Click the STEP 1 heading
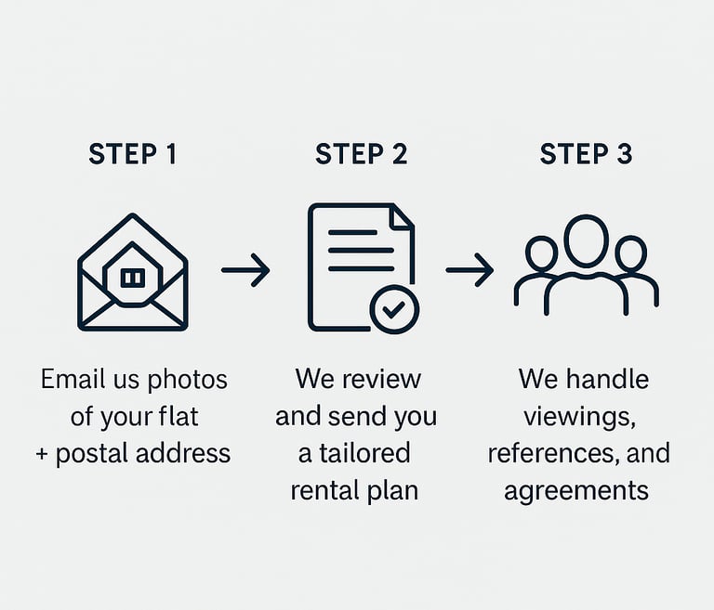point(132,154)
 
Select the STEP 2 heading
point(361,154)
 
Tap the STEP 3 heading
point(586,154)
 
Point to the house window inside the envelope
point(133,277)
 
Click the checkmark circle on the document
point(394,310)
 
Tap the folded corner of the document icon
point(402,218)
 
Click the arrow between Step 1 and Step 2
point(245,270)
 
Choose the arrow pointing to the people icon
point(469,270)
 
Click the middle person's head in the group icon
point(586,240)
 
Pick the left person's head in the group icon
point(541,253)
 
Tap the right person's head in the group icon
point(630,253)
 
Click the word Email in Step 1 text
point(71,379)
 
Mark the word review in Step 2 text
point(382,379)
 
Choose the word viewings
point(578,416)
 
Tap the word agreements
point(576,490)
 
